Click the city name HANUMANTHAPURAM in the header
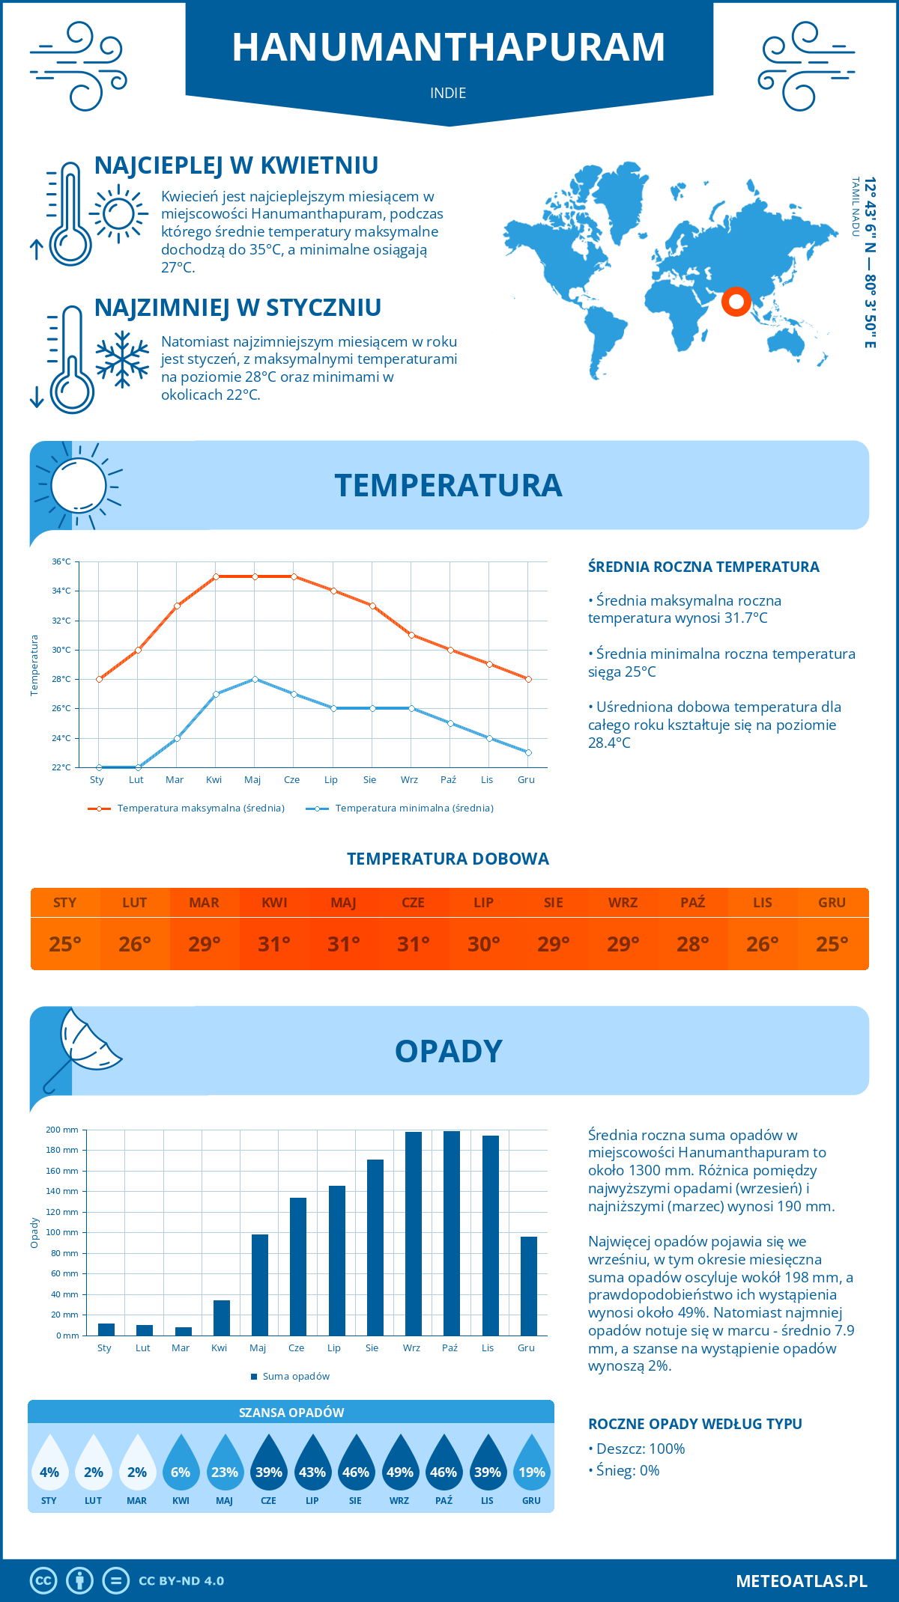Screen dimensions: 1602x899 [448, 47]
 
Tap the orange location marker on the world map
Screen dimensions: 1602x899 [736, 302]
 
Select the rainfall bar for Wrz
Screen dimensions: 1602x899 [413, 1234]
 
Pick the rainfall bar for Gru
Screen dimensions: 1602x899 [529, 1286]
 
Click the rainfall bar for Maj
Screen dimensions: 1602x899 [260, 1285]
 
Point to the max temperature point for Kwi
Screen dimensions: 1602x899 [216, 576]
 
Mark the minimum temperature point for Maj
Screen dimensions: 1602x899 [255, 679]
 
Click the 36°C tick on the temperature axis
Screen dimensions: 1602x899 [61, 561]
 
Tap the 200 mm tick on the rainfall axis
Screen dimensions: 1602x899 [62, 1130]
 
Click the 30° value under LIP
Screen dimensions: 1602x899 [483, 944]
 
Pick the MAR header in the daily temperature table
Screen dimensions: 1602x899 [205, 903]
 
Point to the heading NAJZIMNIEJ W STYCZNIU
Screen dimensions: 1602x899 [237, 308]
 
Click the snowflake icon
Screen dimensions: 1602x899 [122, 359]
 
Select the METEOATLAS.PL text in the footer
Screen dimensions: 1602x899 [801, 1581]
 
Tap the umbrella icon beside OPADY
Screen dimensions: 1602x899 [81, 1048]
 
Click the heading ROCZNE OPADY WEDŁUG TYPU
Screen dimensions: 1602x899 [694, 1424]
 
